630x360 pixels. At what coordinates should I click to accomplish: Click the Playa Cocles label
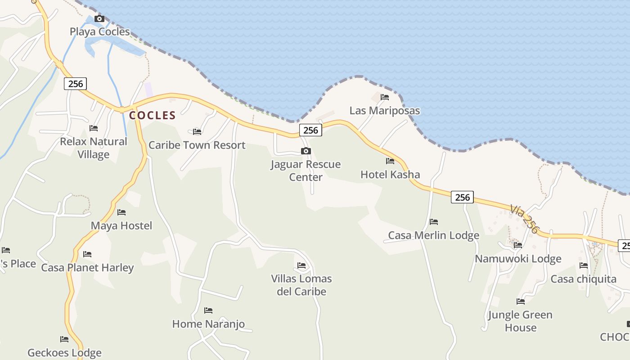[x=99, y=31]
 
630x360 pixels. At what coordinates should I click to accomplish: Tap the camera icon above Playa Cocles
[x=99, y=19]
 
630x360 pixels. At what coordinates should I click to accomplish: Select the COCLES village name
[x=152, y=115]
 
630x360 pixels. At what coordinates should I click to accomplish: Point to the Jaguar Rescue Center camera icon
[x=306, y=151]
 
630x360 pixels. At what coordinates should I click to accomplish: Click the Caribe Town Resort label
[x=197, y=145]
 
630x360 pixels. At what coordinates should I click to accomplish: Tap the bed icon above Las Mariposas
[x=384, y=97]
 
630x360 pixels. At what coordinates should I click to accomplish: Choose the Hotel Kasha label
[x=390, y=175]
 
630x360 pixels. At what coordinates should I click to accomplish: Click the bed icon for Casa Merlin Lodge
[x=434, y=222]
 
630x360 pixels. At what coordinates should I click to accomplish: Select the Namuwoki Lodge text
[x=518, y=259]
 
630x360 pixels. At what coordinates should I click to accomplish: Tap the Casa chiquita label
[x=583, y=279]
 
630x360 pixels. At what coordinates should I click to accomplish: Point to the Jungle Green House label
[x=520, y=321]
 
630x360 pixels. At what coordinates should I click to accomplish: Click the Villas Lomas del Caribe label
[x=301, y=285]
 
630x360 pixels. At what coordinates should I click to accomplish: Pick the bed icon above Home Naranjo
[x=208, y=310]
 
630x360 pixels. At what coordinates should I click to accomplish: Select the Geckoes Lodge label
[x=64, y=353]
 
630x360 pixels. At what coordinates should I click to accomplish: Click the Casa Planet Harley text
[x=87, y=268]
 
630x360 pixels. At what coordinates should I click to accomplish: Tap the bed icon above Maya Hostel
[x=121, y=212]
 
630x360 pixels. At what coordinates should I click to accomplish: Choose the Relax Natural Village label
[x=94, y=148]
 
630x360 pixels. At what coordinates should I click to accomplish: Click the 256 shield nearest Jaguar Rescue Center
[x=310, y=130]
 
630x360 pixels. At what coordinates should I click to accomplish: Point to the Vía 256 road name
[x=524, y=219]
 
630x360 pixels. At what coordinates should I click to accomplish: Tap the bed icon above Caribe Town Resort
[x=197, y=132]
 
